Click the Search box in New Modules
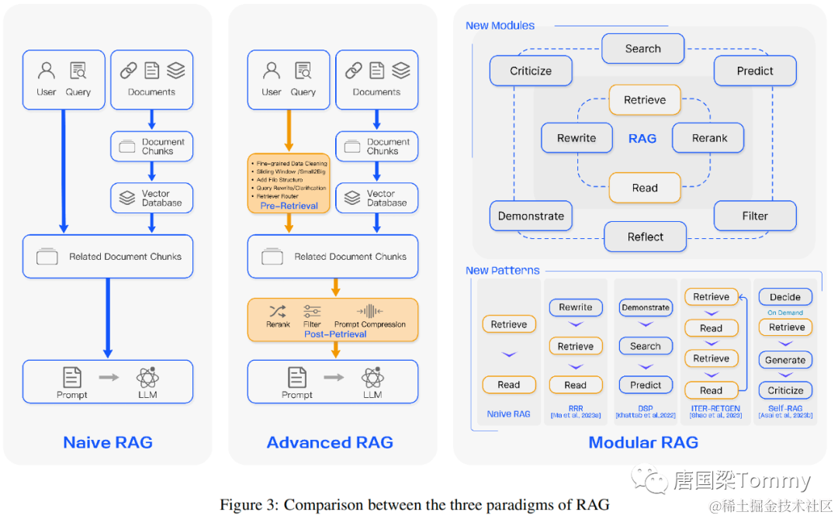[643, 49]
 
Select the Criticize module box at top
[531, 71]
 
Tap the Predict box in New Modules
[755, 71]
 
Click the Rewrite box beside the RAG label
[577, 138]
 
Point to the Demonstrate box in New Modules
[531, 216]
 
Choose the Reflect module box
[646, 237]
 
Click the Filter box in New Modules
[755, 216]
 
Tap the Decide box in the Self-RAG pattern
[785, 297]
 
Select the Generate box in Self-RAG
[785, 360]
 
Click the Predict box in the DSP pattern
[646, 385]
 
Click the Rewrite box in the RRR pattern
[576, 307]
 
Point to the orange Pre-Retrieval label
[289, 206]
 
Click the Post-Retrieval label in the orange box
[335, 334]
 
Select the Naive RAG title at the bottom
[108, 443]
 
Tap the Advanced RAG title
[330, 443]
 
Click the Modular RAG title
[643, 443]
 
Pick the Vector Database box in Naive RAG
[152, 198]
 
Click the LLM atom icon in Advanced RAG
[372, 378]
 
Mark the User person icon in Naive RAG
[47, 71]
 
